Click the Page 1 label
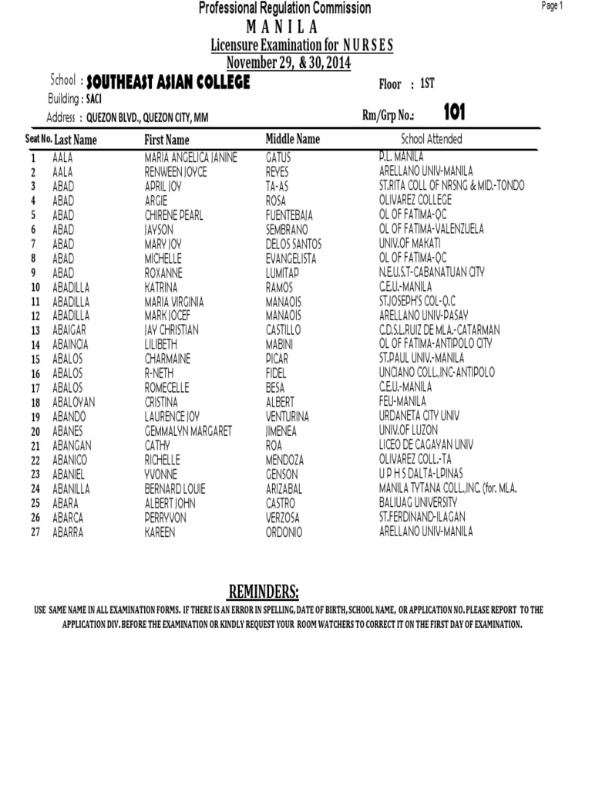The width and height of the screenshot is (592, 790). [553, 6]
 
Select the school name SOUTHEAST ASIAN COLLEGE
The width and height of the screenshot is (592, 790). [168, 83]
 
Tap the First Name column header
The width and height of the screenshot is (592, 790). [166, 140]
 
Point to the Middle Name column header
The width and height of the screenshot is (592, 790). [292, 139]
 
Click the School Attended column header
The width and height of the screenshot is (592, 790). [432, 139]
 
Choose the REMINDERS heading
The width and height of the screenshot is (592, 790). [263, 592]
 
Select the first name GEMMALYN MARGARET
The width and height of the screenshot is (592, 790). [188, 431]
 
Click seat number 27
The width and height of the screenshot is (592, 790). [35, 532]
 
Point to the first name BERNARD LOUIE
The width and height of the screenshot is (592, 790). [177, 489]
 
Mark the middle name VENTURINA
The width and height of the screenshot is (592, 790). [287, 417]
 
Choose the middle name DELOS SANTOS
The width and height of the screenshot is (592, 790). [294, 244]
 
